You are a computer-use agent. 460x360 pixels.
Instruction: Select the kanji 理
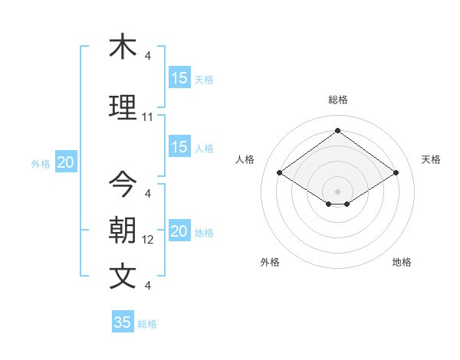tap(123, 106)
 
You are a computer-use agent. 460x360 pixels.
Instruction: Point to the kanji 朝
tap(123, 231)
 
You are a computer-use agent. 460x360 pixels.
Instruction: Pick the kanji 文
tap(123, 277)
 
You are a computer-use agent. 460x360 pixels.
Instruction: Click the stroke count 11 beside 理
tap(147, 117)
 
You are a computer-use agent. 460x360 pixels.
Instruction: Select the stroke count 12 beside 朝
tap(147, 240)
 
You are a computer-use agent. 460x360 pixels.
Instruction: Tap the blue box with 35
tap(123, 322)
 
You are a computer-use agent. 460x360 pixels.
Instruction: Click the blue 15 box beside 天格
tap(179, 78)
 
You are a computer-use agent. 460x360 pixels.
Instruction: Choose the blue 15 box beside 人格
tap(179, 147)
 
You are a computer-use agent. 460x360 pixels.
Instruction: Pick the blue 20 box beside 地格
tap(179, 231)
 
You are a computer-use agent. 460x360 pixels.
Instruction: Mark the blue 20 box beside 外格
tap(66, 162)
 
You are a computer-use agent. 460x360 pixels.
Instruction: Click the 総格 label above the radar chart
tap(337, 100)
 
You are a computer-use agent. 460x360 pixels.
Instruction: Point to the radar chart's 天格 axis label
tap(431, 159)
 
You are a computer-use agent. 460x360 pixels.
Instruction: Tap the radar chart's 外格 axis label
tap(270, 262)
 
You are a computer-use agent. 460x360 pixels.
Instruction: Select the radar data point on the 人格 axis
tap(280, 173)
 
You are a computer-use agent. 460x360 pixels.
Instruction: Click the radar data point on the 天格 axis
tap(396, 173)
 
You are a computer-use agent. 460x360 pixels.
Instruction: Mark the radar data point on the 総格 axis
tap(337, 130)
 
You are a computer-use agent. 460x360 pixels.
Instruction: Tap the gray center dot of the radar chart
tap(337, 190)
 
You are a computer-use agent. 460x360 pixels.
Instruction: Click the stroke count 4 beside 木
tap(147, 56)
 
